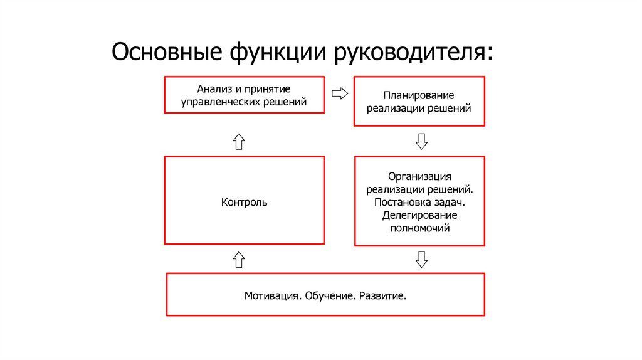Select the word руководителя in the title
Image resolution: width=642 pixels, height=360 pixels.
coord(413,53)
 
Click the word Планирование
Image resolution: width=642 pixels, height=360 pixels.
coord(419,95)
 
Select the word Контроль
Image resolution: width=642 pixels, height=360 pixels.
coord(244,202)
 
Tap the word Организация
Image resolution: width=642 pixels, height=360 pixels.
coord(419,176)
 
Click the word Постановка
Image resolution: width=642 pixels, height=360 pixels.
coord(403,203)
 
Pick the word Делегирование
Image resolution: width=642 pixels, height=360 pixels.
coord(419,216)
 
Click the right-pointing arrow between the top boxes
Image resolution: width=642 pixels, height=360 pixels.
coord(339,94)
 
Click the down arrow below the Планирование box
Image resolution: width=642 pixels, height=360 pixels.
coord(421,140)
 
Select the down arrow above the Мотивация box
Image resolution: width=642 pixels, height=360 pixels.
coord(421,259)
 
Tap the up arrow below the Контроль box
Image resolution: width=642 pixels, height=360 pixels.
coord(238,259)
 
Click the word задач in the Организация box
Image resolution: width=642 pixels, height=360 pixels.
coord(451,203)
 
